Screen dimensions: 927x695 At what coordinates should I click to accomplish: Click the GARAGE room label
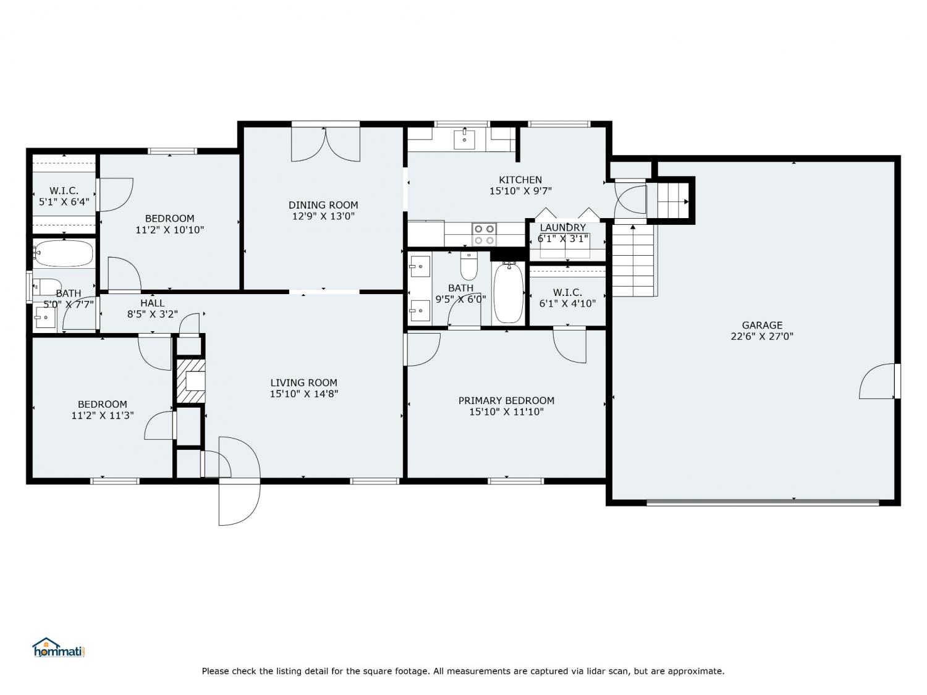click(x=762, y=326)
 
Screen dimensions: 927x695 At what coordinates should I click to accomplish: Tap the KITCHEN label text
click(x=520, y=180)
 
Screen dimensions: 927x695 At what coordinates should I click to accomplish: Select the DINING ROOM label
click(x=323, y=205)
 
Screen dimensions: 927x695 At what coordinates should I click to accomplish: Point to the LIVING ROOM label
click(x=303, y=383)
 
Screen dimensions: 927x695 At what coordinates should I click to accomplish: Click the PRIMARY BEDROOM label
click(x=506, y=400)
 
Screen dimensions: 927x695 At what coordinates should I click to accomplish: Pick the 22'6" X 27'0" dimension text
click(x=762, y=336)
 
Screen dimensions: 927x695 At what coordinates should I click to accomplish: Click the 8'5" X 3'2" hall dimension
click(x=153, y=314)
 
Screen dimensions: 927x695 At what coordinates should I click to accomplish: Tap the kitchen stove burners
click(x=484, y=235)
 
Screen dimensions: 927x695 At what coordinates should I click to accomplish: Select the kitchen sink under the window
click(x=464, y=140)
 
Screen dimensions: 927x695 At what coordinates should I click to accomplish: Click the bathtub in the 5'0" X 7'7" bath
click(x=64, y=253)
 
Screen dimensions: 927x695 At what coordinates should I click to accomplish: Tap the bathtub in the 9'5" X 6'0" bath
click(x=509, y=292)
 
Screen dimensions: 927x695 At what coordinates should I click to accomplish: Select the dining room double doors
click(x=326, y=144)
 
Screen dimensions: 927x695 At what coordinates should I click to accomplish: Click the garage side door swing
click(x=877, y=381)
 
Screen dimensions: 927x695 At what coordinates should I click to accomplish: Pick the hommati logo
click(x=59, y=647)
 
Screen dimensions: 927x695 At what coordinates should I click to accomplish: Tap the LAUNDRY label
click(x=562, y=227)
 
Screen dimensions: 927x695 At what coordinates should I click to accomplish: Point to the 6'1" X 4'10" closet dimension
click(x=567, y=303)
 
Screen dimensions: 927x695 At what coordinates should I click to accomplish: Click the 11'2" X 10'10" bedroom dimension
click(x=170, y=230)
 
